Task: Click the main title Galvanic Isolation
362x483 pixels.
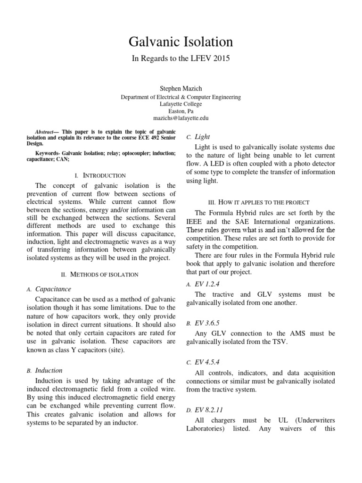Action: click(181, 42)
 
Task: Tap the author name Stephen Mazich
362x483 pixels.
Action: click(181, 88)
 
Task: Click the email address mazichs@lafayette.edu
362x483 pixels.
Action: click(181, 118)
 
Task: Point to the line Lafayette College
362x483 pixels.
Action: click(181, 104)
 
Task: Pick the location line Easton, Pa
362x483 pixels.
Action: click(181, 111)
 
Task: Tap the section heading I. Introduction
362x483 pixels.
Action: click(104, 175)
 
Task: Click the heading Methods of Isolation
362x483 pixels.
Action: click(104, 274)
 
